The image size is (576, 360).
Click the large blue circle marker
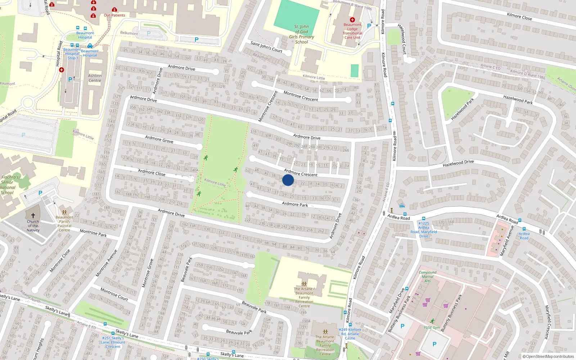click(x=288, y=180)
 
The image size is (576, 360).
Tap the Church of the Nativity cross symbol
click(x=33, y=215)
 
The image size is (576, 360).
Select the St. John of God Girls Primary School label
click(x=302, y=34)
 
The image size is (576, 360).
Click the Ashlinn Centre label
click(x=95, y=78)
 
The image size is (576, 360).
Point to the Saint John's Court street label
click(x=266, y=47)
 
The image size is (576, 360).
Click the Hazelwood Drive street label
click(x=458, y=163)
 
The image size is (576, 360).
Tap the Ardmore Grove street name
click(x=159, y=139)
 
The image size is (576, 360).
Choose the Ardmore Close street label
click(x=152, y=172)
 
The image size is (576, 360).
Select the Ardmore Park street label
click(x=295, y=204)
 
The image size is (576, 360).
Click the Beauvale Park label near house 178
click(x=254, y=307)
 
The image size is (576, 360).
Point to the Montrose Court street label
click(x=114, y=294)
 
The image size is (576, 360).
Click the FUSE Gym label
click(x=432, y=328)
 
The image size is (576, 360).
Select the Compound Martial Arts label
click(x=427, y=276)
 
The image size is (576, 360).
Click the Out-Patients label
click(x=114, y=15)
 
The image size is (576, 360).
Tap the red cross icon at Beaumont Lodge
click(x=352, y=20)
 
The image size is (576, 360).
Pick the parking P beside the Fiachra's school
click(x=40, y=193)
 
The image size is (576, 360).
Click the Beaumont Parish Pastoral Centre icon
click(x=64, y=212)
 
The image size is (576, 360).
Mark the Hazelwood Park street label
click(x=463, y=109)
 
